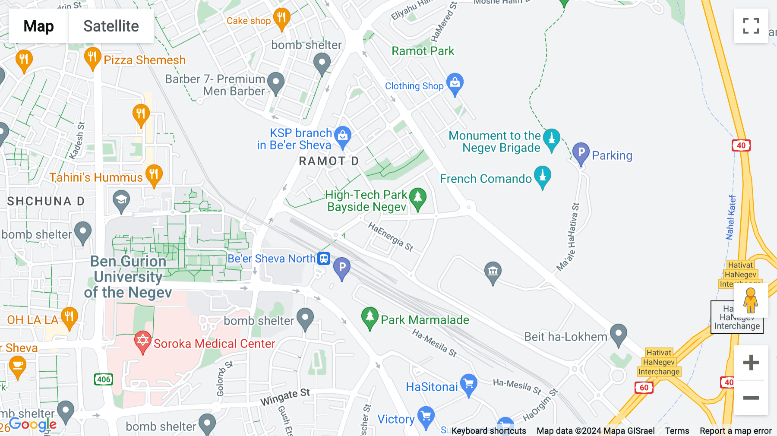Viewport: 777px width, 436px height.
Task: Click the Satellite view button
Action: [x=111, y=26]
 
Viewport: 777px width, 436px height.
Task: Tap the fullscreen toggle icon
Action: [x=751, y=26]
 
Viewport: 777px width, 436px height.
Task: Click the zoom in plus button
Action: [x=751, y=363]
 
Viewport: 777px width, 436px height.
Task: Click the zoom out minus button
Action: [x=751, y=398]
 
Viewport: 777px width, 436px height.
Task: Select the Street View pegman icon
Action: [x=751, y=300]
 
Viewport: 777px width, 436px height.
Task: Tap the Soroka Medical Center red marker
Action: [x=142, y=341]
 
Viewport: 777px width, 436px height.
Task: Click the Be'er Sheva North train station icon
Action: [x=324, y=258]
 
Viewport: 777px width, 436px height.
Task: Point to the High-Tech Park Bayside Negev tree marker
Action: [x=417, y=198]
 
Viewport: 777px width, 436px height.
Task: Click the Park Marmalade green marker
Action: [x=370, y=317]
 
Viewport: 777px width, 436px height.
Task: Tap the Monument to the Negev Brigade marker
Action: [x=551, y=139]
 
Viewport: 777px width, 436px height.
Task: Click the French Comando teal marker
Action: [x=543, y=176]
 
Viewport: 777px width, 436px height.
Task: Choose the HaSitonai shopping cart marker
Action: [x=468, y=384]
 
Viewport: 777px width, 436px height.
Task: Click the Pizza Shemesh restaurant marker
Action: [x=92, y=57]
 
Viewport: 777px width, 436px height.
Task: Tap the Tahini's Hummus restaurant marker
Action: [x=154, y=175]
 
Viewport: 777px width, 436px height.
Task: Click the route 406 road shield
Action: [x=104, y=379]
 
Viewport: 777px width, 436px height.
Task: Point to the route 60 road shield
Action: [x=644, y=387]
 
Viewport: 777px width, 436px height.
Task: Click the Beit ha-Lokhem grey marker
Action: [x=618, y=334]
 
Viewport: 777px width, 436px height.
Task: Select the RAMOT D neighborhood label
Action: [x=328, y=161]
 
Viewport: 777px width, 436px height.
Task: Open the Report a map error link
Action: [x=735, y=430]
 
